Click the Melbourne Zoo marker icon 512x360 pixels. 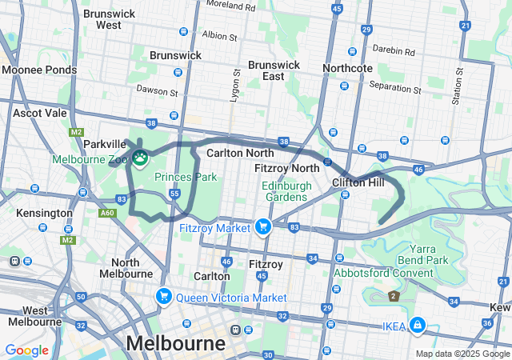point(140,158)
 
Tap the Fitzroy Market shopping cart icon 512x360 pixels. point(262,227)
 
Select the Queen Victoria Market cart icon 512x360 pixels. point(164,297)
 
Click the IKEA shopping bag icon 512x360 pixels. point(416,324)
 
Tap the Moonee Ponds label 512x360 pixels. point(39,70)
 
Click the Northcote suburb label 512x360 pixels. point(348,68)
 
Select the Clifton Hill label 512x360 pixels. point(358,182)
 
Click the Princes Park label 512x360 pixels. point(186,176)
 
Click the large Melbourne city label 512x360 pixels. point(175,342)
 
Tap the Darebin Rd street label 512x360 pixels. point(398,50)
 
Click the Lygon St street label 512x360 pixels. point(236,83)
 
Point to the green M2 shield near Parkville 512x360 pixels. point(76,132)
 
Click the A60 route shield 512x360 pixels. point(106,213)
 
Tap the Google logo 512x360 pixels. point(26,350)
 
